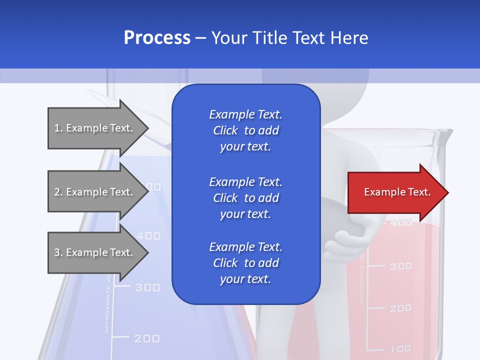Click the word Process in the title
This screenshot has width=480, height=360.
coord(157,38)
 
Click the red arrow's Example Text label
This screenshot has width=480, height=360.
coord(397,192)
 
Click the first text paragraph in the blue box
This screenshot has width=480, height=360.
coord(245,130)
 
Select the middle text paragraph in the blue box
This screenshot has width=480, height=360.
coord(245,198)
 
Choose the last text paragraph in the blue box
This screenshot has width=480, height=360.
coord(245,263)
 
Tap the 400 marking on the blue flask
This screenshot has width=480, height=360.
coord(148,235)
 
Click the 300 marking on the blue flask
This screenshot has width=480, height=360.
coord(148,287)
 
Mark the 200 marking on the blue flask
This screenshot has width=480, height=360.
coord(147,339)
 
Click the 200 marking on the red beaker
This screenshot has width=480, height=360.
coord(400,308)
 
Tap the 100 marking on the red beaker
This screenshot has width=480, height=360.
coord(400,348)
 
